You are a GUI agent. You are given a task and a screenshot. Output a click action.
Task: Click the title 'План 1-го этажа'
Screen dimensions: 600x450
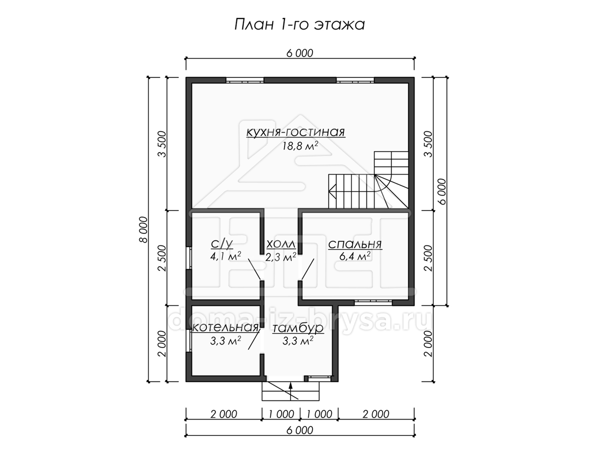tap(299, 25)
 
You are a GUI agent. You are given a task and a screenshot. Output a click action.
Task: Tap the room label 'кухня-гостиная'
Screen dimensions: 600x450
tap(296, 132)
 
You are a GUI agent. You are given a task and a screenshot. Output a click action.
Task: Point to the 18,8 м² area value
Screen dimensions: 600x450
tap(300, 146)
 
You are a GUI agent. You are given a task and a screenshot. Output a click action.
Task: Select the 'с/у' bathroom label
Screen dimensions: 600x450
tap(222, 243)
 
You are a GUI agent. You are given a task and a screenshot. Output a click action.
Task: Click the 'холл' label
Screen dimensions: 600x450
tap(281, 243)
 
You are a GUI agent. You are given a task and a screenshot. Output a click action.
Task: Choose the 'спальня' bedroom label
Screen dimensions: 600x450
tap(355, 244)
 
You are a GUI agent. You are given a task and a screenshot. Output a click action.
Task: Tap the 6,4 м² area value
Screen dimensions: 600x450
tap(355, 256)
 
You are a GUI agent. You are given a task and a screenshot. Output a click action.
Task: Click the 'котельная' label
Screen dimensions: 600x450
tap(225, 327)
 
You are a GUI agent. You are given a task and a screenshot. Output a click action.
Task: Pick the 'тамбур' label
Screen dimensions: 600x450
tap(298, 328)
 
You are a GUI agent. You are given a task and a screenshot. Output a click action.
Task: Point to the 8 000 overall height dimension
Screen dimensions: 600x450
tap(143, 229)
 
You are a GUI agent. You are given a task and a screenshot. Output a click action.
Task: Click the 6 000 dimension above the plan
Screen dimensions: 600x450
tap(300, 53)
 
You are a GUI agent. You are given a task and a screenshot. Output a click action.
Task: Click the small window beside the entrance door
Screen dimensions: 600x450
tap(319, 378)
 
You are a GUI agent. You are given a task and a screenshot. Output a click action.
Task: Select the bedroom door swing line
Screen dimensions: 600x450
tap(307, 269)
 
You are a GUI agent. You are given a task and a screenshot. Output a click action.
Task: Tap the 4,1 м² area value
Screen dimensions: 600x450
tap(225, 256)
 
